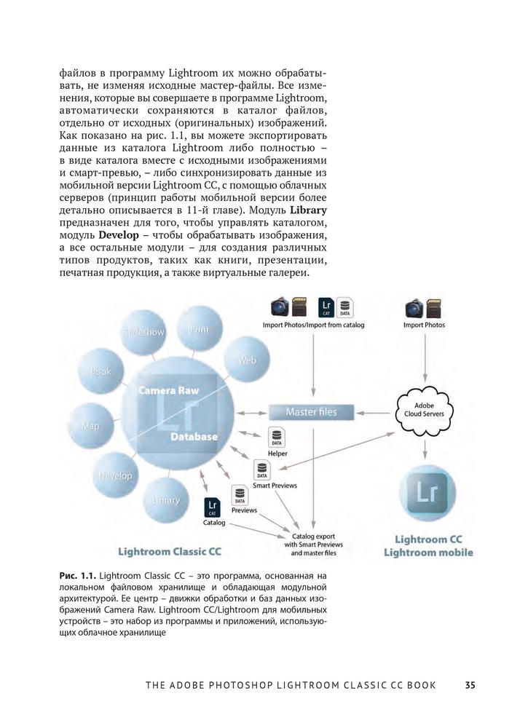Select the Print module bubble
click(199, 329)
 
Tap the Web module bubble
click(247, 360)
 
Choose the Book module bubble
click(101, 371)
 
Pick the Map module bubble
click(90, 426)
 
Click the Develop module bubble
click(115, 475)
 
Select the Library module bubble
click(166, 500)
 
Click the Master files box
click(311, 412)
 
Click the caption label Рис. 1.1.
click(76, 577)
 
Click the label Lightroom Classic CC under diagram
click(171, 552)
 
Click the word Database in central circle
click(194, 437)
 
